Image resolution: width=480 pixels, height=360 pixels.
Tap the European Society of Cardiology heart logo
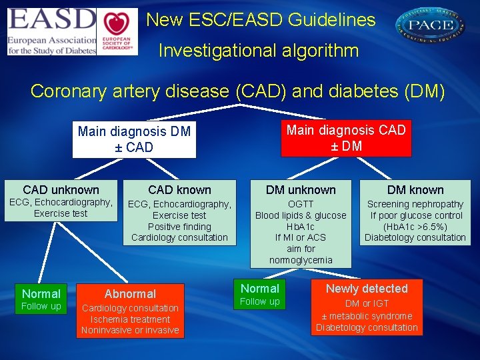(x=117, y=31)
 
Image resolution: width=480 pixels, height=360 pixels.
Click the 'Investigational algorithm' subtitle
(x=259, y=51)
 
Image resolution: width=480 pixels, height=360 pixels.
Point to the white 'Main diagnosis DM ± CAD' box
(x=134, y=139)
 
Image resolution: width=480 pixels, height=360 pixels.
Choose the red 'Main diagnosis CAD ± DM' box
(x=346, y=137)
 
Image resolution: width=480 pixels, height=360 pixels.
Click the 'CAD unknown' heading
(x=61, y=190)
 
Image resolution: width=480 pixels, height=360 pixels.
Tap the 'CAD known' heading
(x=179, y=190)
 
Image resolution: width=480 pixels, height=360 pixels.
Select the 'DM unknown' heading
(x=301, y=190)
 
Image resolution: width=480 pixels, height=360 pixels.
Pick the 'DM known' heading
(x=415, y=190)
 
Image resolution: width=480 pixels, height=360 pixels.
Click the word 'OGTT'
(x=301, y=204)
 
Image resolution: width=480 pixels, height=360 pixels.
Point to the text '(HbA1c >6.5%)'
(x=415, y=227)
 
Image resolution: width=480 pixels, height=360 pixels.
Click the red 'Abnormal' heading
(x=130, y=294)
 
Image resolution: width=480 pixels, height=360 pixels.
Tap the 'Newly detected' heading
(x=367, y=289)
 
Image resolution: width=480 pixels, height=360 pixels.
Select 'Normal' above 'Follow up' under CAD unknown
(x=41, y=294)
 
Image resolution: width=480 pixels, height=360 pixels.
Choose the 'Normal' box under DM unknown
(x=260, y=289)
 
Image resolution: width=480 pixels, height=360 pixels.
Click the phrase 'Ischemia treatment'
(x=131, y=319)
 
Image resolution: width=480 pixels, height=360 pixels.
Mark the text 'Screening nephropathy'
(x=415, y=204)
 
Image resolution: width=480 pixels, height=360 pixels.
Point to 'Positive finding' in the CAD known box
(x=179, y=227)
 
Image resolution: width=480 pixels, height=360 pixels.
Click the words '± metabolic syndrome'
(x=367, y=316)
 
